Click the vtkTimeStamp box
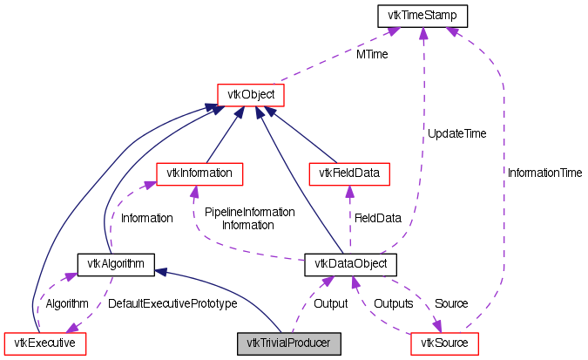click(x=422, y=15)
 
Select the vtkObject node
click(x=251, y=92)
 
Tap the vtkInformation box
click(x=198, y=173)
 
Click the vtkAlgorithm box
click(x=116, y=262)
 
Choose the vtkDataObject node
click(x=350, y=262)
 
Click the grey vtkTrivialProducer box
click(x=288, y=343)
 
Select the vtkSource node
click(x=444, y=343)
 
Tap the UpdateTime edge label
click(x=456, y=133)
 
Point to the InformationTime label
click(x=544, y=173)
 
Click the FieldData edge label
click(x=376, y=217)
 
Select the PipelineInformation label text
click(x=249, y=212)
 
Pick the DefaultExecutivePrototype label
click(x=172, y=303)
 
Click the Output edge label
click(x=331, y=303)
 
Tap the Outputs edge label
click(x=393, y=303)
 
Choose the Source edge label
click(x=450, y=303)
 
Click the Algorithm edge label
click(x=67, y=303)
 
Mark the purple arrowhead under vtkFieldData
click(x=348, y=192)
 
